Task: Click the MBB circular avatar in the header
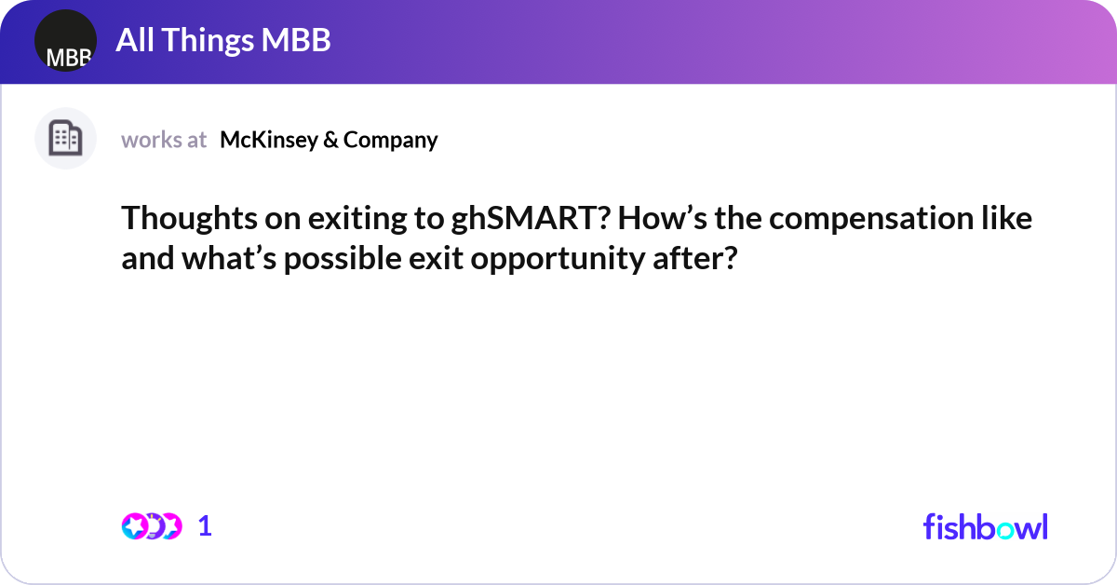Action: (65, 41)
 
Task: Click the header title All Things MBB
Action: (223, 40)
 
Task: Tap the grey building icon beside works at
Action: (65, 139)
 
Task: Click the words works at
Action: (164, 140)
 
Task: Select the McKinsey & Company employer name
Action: (329, 140)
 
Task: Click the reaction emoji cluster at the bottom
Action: (151, 526)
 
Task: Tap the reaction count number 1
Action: (205, 526)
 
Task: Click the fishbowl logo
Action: (985, 526)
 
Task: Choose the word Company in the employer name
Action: (390, 140)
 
